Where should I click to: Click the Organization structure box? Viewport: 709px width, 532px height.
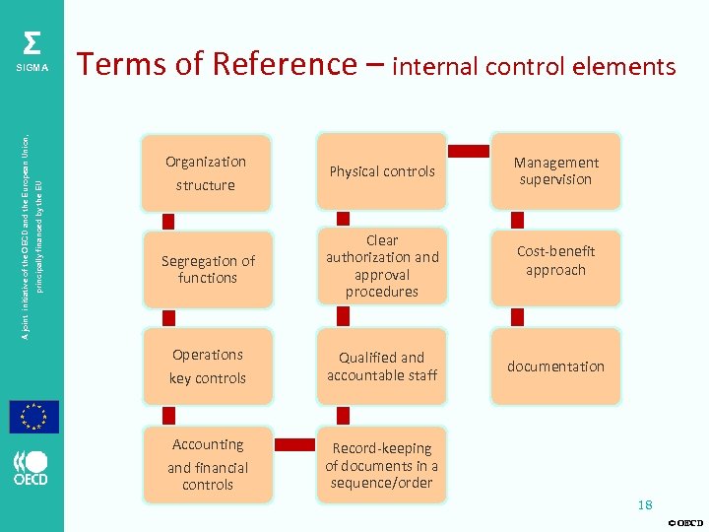[x=206, y=173]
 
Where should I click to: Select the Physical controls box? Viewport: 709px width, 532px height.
[x=382, y=171]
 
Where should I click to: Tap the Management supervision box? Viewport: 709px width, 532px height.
[x=555, y=171]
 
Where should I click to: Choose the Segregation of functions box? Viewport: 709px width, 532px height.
[x=207, y=269]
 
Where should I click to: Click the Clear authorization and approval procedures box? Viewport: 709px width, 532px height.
[x=382, y=266]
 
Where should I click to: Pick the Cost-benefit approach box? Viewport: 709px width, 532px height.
[x=555, y=261]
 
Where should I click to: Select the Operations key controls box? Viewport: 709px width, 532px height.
[x=207, y=366]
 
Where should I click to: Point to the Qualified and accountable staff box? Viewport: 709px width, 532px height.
[x=382, y=366]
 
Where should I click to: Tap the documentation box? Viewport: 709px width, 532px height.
[x=555, y=366]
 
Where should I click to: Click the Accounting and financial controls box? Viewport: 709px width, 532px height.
[x=207, y=464]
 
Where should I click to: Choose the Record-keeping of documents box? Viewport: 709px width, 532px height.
[x=382, y=465]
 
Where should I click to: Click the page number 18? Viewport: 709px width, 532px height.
[x=645, y=505]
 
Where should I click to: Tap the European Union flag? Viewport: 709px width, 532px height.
[x=34, y=417]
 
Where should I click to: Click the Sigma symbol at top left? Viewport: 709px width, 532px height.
[x=32, y=45]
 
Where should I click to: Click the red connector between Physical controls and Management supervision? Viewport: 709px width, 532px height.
[x=469, y=152]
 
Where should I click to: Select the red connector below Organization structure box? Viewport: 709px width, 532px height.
[x=168, y=218]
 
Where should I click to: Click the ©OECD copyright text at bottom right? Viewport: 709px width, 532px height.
[x=685, y=522]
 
